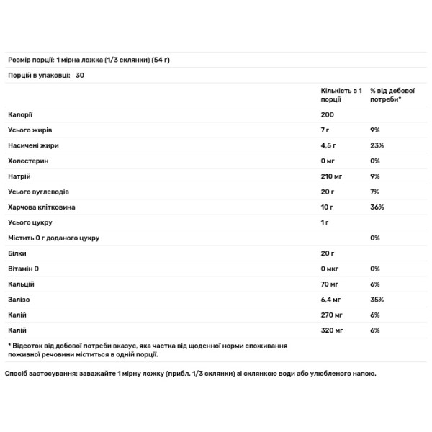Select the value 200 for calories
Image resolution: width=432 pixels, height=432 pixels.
[x=328, y=114]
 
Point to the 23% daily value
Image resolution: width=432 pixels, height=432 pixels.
[x=377, y=145]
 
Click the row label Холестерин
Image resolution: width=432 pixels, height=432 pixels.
[x=27, y=161]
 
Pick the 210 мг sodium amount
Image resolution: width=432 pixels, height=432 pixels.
[x=333, y=176]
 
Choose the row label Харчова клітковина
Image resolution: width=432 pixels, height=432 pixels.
[x=41, y=207]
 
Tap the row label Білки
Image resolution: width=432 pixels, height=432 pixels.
[x=17, y=253]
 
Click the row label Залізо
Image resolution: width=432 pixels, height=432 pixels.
[x=19, y=298]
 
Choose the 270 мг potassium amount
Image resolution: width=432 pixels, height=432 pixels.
[x=333, y=314]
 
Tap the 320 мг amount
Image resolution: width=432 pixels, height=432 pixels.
[x=333, y=329]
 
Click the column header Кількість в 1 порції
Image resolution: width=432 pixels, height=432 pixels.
[x=341, y=95]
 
